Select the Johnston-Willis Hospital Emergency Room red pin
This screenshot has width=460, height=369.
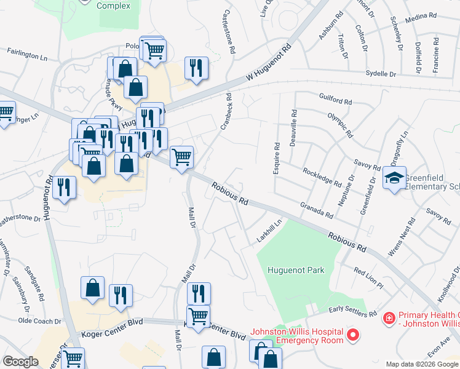point(352,335)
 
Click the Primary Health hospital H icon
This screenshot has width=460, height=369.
point(389,318)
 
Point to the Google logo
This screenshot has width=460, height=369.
point(20,362)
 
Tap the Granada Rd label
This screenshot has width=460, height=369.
point(317,210)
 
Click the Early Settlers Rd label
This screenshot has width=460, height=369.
point(352,311)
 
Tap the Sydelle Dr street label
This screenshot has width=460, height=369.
point(381,74)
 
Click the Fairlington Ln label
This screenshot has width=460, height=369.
point(27,55)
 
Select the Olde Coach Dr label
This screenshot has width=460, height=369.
point(39,321)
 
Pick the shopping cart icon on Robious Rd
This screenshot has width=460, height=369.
point(181,157)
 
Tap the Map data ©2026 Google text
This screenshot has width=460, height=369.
point(421,364)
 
